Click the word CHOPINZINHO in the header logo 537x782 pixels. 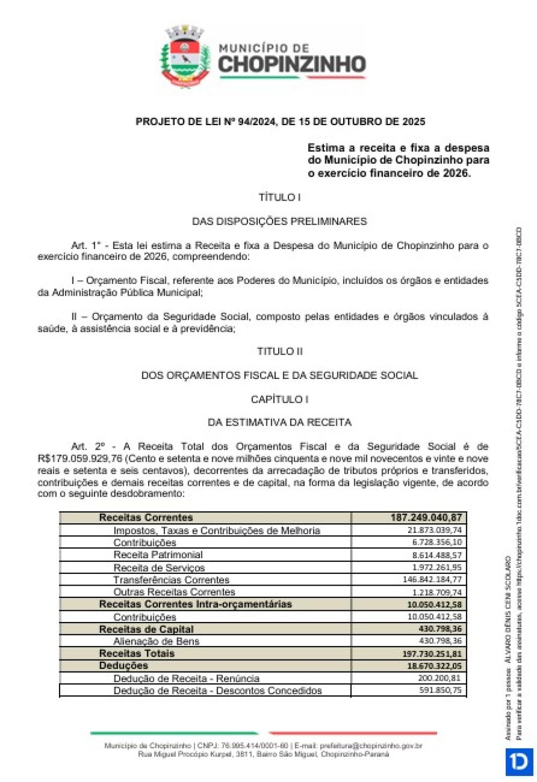tap(292, 65)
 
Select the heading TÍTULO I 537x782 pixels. tap(279, 198)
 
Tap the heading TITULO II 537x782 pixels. tap(279, 352)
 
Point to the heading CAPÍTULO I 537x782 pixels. tap(279, 399)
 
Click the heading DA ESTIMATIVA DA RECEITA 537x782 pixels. tap(279, 422)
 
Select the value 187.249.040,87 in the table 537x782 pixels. tap(426, 518)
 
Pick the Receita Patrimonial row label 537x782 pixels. tap(158, 555)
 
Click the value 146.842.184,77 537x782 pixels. tap(432, 580)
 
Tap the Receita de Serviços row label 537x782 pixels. tap(159, 568)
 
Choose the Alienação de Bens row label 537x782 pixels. tap(156, 641)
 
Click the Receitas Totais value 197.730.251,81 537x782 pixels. tap(432, 654)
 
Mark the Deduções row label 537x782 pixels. tap(124, 666)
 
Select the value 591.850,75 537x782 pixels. tap(440, 690)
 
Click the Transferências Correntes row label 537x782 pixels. tap(171, 580)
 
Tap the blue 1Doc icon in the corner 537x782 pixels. tap(519, 762)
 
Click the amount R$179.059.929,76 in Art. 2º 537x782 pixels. tap(80, 459)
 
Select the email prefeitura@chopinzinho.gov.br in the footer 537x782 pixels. tap(371, 746)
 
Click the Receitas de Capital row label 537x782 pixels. tap(146, 629)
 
